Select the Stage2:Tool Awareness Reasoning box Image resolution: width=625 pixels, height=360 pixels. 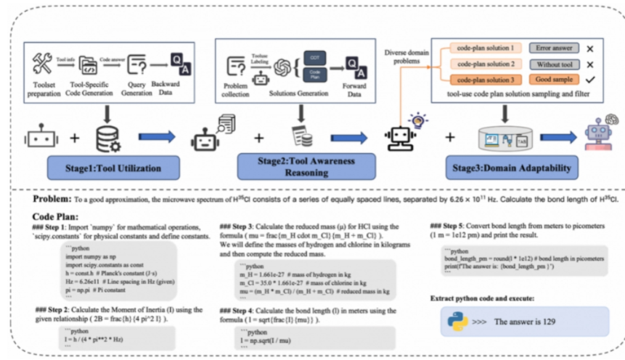306,166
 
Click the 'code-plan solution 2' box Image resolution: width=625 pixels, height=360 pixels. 486,63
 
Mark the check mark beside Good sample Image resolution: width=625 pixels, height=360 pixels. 590,80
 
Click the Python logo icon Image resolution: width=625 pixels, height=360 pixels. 455,321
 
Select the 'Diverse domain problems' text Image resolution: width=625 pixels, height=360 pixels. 406,57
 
